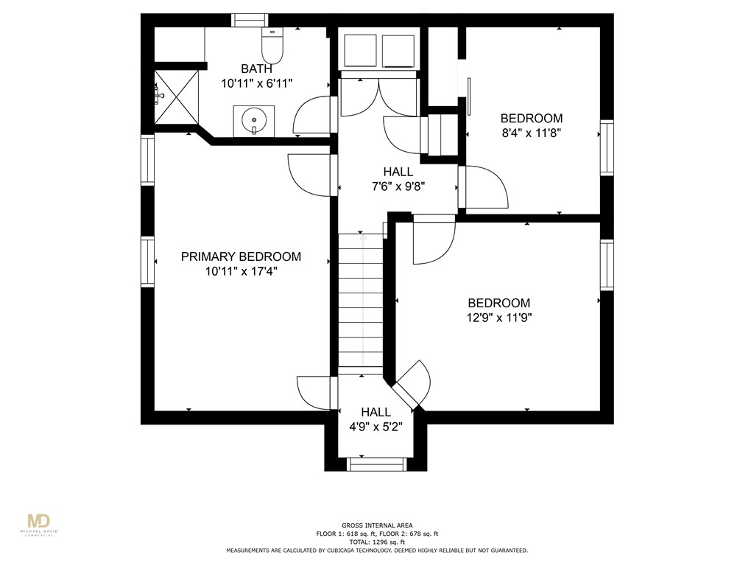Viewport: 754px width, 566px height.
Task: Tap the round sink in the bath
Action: pos(254,119)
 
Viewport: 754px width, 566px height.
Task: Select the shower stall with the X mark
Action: pos(176,96)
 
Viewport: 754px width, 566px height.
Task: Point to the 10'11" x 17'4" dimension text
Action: pos(241,271)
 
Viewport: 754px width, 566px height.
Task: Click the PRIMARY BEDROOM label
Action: pos(241,256)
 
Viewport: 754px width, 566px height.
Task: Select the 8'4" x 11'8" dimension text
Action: pos(531,133)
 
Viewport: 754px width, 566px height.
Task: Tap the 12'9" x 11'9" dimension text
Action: pos(499,318)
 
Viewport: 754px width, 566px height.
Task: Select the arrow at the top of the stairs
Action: pos(362,238)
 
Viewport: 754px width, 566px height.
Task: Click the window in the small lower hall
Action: pos(376,464)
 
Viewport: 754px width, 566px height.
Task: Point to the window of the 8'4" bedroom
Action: pos(606,147)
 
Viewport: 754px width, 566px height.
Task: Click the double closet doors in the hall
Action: pos(378,96)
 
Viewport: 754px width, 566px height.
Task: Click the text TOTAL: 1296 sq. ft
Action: pos(376,542)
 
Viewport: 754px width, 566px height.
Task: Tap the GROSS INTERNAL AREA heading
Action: pos(376,525)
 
